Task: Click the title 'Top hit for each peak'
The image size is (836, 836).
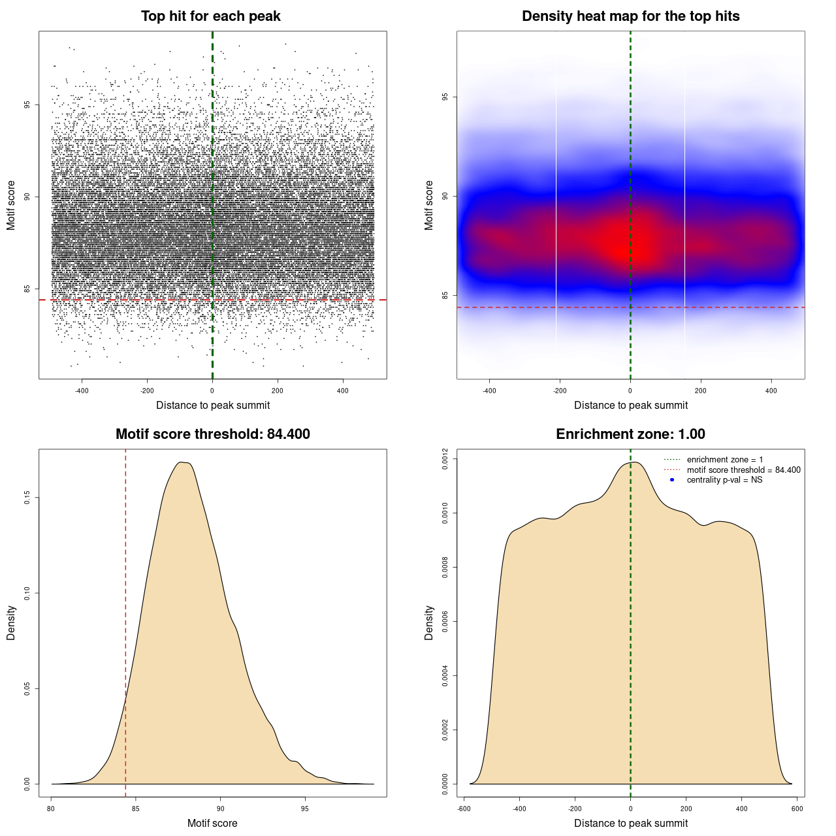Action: tap(210, 16)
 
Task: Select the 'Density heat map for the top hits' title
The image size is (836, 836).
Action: tap(630, 16)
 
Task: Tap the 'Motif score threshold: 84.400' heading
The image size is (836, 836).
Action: tap(212, 434)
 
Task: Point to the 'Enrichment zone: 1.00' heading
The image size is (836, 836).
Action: tap(630, 434)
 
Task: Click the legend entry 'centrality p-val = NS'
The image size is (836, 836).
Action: tap(724, 480)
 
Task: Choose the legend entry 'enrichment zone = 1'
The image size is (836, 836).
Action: tap(724, 460)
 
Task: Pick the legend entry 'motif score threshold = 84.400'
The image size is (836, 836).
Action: tap(743, 470)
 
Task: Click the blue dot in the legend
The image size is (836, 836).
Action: tap(672, 480)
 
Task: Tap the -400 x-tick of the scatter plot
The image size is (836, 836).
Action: tap(82, 391)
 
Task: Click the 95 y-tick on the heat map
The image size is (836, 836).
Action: tap(445, 97)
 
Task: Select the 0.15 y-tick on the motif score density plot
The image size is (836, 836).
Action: tap(27, 498)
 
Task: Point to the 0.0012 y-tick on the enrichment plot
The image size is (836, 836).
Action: tap(445, 459)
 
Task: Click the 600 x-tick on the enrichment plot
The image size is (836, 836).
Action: tap(797, 809)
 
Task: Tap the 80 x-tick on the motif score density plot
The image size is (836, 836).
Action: tap(52, 809)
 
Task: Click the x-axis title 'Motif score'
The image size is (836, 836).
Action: tap(212, 823)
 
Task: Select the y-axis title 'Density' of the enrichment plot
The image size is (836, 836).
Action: tap(429, 622)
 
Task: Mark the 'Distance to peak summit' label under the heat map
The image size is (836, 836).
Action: tap(630, 405)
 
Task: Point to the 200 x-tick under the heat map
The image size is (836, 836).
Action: tap(701, 391)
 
